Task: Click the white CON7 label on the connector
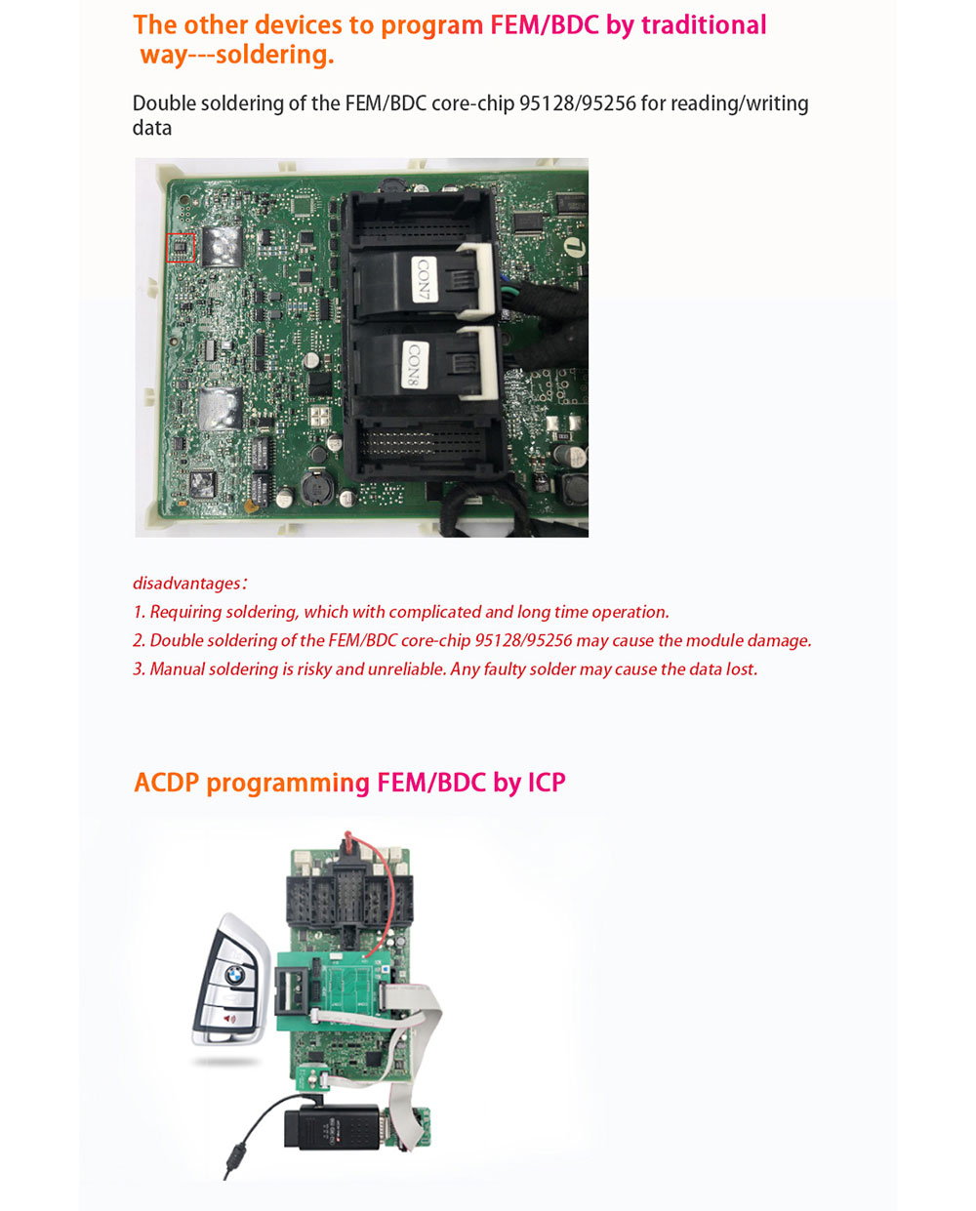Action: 425,280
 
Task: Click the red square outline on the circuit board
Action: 181,248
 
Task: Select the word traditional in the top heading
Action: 704,25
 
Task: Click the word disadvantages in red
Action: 186,583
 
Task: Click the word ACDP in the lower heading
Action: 167,784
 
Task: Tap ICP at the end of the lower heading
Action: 547,784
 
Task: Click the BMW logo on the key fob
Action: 234,975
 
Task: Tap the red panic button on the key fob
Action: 229,1019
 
